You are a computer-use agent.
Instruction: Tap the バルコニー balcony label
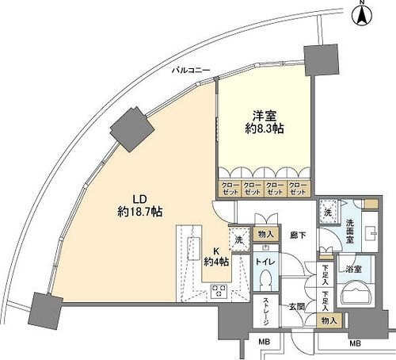click(x=192, y=71)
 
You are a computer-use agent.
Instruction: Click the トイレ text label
click(x=266, y=260)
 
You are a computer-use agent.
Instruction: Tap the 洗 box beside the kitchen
click(x=237, y=238)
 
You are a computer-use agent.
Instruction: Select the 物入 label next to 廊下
click(x=266, y=234)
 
